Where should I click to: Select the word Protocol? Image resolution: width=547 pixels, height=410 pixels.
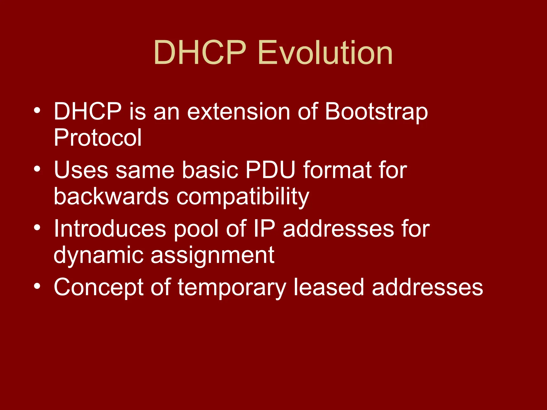pyautogui.click(x=97, y=138)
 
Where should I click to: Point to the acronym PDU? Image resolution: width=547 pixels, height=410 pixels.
pyautogui.click(x=270, y=170)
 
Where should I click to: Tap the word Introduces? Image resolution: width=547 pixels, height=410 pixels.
pyautogui.click(x=110, y=229)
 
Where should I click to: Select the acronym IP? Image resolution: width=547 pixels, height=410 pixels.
pyautogui.click(x=264, y=229)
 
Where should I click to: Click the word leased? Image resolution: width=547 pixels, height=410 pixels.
pyautogui.click(x=329, y=287)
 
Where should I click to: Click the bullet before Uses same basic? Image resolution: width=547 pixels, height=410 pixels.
pyautogui.click(x=37, y=169)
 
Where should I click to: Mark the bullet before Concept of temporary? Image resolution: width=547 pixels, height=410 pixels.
pyautogui.click(x=37, y=286)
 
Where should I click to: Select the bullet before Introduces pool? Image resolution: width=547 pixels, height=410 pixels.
pyautogui.click(x=37, y=228)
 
